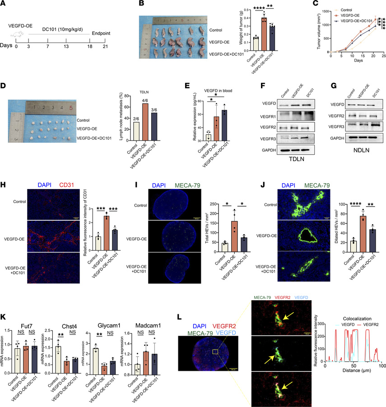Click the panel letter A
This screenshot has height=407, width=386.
(x=4, y=4)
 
